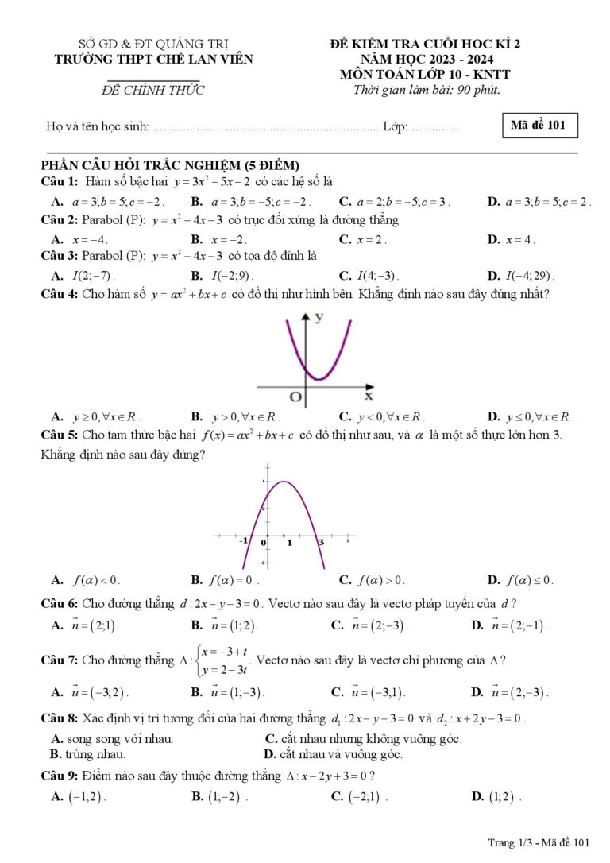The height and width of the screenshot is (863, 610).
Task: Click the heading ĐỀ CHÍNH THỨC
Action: point(153,91)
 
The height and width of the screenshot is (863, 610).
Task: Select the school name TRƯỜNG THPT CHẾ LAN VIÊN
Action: point(153,59)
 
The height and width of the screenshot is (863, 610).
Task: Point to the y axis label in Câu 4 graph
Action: point(319,318)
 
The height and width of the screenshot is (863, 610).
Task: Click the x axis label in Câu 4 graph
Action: point(369,395)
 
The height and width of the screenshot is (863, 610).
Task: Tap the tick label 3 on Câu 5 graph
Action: point(321,542)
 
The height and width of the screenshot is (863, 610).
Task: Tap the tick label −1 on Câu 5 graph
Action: point(245,541)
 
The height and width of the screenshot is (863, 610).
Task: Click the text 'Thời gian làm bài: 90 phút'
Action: point(427,89)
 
